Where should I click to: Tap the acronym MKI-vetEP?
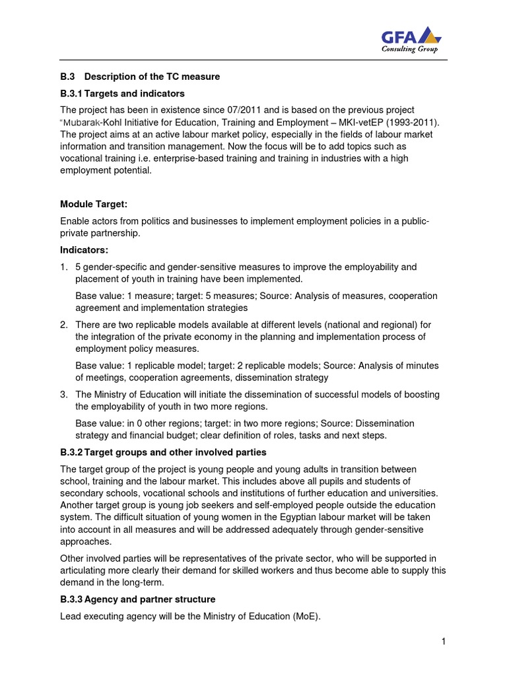(372, 122)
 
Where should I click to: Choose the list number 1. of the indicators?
(64, 267)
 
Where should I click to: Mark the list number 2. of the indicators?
(64, 324)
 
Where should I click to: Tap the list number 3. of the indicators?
(64, 394)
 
